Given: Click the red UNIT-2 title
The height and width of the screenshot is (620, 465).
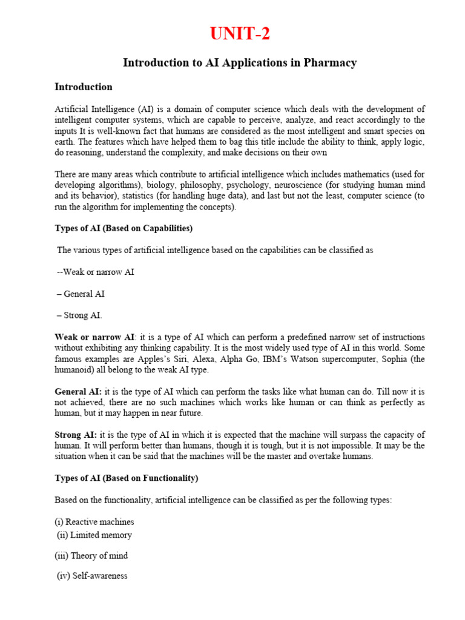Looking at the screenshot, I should click(x=240, y=34).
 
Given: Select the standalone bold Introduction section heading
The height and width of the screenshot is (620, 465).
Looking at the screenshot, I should click(x=84, y=87).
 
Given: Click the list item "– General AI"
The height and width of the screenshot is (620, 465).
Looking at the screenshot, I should click(x=81, y=294).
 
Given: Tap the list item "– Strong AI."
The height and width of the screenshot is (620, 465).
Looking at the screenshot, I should click(x=80, y=315).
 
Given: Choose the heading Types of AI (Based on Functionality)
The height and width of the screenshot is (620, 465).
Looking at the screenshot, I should click(x=127, y=478).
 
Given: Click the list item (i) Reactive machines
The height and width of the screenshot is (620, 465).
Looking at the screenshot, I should click(x=94, y=522).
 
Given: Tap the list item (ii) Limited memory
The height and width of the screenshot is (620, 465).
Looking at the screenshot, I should click(x=94, y=535).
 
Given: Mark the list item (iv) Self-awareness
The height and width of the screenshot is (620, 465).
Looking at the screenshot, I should click(x=92, y=576).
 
